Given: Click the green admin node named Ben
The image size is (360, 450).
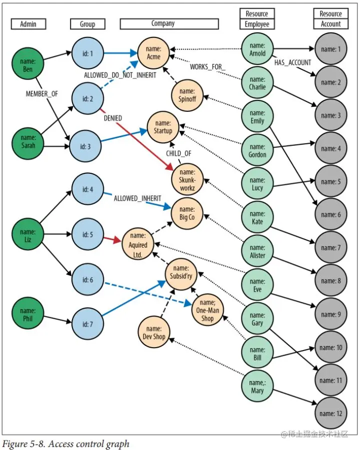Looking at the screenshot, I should click(x=27, y=65).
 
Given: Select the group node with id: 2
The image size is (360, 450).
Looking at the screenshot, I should click(x=87, y=98).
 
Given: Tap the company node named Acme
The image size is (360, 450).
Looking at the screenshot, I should click(x=154, y=53).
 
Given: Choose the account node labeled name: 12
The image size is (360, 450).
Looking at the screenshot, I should click(x=331, y=414).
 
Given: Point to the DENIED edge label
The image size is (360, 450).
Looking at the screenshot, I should click(x=112, y=118).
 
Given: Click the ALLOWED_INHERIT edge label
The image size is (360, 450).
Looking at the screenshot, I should click(x=137, y=198).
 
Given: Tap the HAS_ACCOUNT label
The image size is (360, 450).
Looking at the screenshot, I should click(x=292, y=62).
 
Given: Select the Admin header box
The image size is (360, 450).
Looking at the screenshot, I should click(x=28, y=23).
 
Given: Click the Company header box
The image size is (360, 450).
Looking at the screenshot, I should click(x=169, y=23).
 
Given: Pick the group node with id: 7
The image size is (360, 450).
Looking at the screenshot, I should click(x=87, y=325).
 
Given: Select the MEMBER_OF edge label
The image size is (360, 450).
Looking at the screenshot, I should click(x=42, y=93).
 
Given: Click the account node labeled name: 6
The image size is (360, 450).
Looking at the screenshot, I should click(x=331, y=215).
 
